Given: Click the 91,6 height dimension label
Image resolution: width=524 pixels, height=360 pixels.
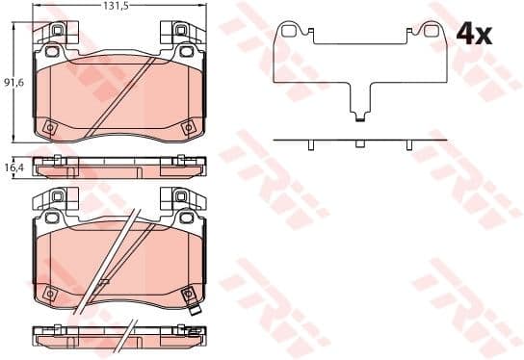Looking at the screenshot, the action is click(14, 82).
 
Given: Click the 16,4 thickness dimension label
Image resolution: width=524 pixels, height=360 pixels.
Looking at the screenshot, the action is click(14, 167).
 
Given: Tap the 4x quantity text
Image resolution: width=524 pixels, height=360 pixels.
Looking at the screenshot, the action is click(474, 34).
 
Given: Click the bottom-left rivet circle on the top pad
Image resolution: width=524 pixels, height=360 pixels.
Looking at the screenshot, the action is click(50, 128).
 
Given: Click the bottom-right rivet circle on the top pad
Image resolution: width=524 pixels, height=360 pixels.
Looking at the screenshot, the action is click(189, 128).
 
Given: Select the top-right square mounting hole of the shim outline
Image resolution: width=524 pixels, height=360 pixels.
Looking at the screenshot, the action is click(431, 31).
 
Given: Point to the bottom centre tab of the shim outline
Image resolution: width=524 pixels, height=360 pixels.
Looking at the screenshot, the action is click(360, 117).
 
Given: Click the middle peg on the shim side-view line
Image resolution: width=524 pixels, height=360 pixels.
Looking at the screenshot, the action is click(359, 143).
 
